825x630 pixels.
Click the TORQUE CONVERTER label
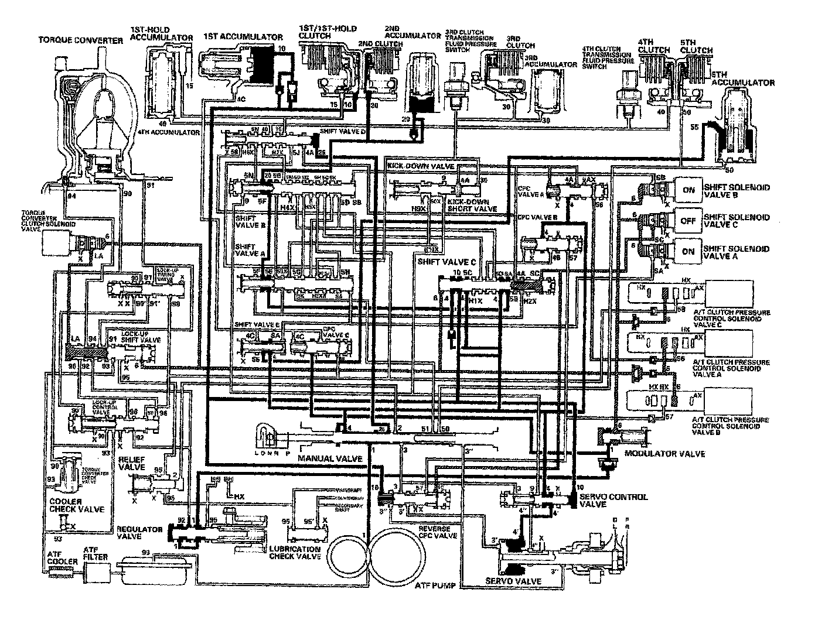[81, 40]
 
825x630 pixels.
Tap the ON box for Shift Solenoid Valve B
[688, 190]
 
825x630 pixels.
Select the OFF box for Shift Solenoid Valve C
[688, 221]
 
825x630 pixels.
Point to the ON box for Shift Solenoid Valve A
[688, 251]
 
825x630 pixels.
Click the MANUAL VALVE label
[329, 457]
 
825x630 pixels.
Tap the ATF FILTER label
[95, 553]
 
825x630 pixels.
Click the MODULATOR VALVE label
[664, 454]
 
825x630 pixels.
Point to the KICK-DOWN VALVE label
[421, 166]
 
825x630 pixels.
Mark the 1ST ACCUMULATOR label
[243, 37]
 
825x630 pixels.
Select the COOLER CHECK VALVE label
[77, 505]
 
